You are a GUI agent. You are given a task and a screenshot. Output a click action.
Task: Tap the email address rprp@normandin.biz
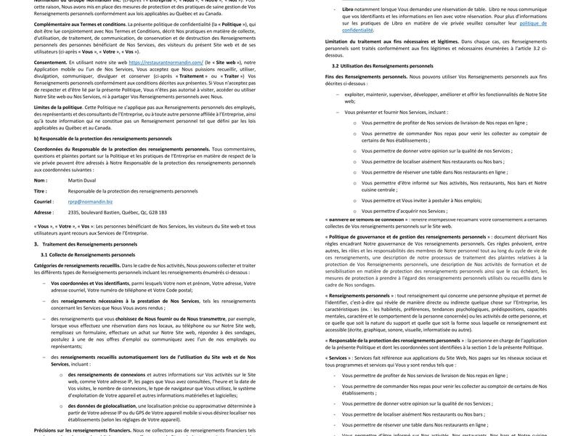[x=90, y=201]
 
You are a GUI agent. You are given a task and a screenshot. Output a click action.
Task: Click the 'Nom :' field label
[x=41, y=179]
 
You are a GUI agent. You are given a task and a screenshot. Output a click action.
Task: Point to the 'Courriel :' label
[x=44, y=201]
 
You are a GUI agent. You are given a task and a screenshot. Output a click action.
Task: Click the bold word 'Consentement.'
[x=51, y=62]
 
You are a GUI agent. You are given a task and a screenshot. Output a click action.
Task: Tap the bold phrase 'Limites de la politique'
[x=58, y=107]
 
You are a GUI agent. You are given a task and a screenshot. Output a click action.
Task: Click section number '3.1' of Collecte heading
[x=44, y=254]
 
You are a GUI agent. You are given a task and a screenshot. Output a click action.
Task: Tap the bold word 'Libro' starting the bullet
[x=348, y=9]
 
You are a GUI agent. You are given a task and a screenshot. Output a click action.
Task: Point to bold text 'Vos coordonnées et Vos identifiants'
[x=90, y=283]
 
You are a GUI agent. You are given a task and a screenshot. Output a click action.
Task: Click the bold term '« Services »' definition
[x=337, y=358]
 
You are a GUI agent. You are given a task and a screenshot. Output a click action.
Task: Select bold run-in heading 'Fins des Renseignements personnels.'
[x=366, y=76]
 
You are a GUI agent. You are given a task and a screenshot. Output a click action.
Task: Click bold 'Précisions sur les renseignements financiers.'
[x=82, y=430]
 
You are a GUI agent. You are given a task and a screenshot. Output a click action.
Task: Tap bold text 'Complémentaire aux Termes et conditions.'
[x=80, y=24]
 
